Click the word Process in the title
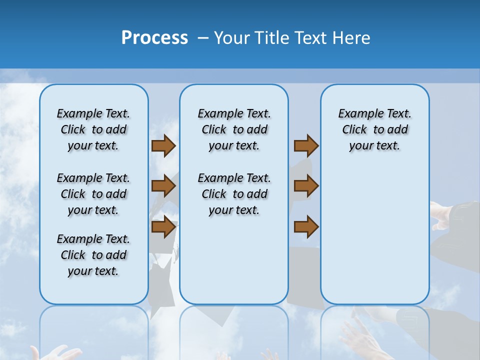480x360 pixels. tap(154, 38)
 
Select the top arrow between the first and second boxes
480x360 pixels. tap(163, 146)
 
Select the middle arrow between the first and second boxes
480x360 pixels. tap(163, 186)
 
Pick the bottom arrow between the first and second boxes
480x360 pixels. tap(163, 227)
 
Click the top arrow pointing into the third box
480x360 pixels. tap(306, 146)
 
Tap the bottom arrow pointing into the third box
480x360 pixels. tap(306, 227)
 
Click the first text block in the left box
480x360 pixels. tap(93, 129)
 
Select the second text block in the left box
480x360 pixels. tap(93, 194)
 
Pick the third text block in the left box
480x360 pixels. tap(93, 255)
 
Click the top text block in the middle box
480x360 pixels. tap(234, 129)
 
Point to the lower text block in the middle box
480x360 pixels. tap(234, 194)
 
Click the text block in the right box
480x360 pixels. tap(374, 129)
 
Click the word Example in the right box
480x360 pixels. tap(357, 114)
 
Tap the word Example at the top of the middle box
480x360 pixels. tap(216, 114)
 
